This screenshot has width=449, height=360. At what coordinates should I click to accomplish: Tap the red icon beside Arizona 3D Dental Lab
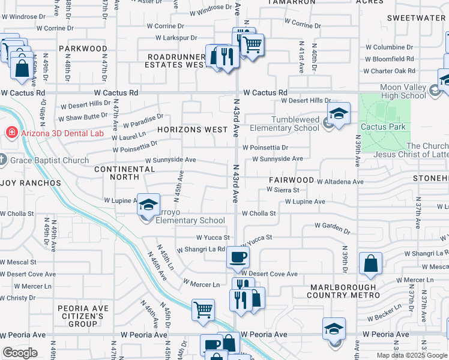[x=10, y=133]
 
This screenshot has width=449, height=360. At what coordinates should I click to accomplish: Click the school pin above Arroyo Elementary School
[x=148, y=205]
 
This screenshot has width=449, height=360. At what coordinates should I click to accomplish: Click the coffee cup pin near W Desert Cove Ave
[x=238, y=257]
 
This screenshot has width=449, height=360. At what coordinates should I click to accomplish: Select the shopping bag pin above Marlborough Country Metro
[x=370, y=263]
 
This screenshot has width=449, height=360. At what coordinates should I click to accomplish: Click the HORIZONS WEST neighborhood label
[x=193, y=129]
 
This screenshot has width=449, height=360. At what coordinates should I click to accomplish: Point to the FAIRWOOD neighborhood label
[x=291, y=180]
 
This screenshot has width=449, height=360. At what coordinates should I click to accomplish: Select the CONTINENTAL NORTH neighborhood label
[x=125, y=173]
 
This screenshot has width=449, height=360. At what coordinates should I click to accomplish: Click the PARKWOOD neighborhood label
[x=83, y=48]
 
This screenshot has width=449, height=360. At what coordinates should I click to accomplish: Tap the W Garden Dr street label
[x=332, y=227]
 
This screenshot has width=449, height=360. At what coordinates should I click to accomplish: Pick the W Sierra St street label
[x=283, y=190]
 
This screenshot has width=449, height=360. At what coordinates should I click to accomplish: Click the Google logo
[x=19, y=353]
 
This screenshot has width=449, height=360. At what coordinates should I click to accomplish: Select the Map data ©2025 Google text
[x=411, y=355]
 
